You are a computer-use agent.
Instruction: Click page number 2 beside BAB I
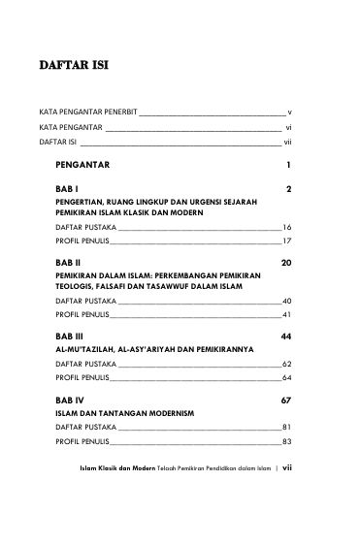289,186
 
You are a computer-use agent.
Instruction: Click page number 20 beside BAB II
286,263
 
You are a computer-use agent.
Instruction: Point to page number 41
286,316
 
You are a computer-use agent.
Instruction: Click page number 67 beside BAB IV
286,400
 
